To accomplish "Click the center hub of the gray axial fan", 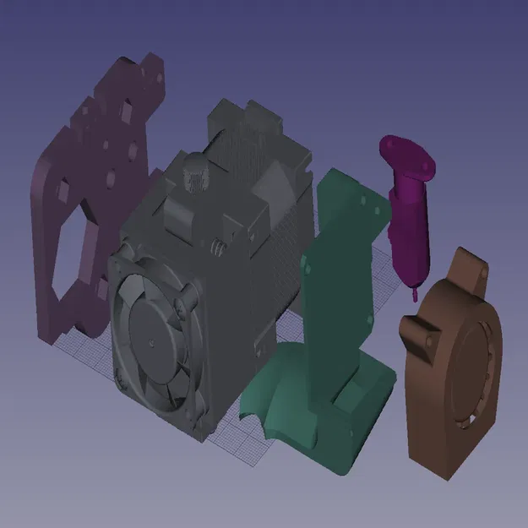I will (150, 342).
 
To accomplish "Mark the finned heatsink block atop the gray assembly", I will (253, 144).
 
